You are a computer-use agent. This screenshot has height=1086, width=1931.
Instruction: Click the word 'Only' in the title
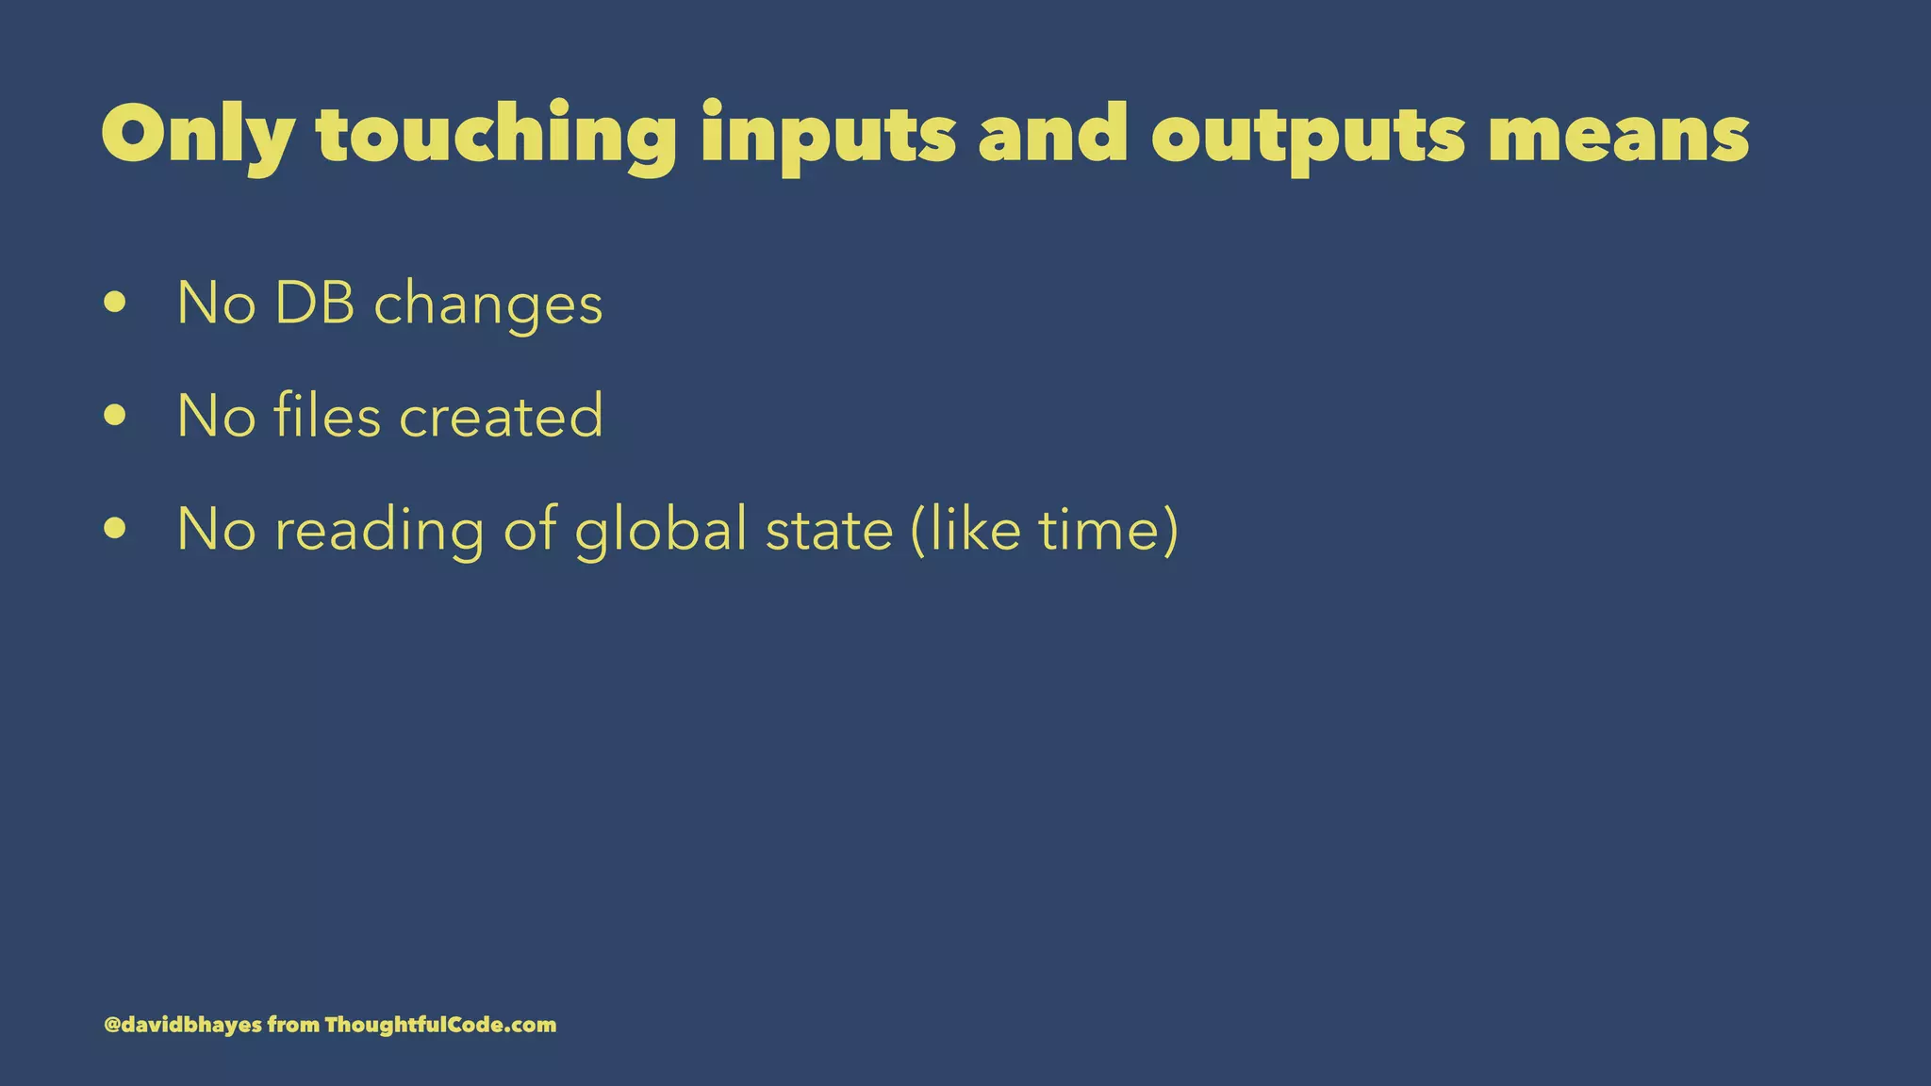(x=197, y=138)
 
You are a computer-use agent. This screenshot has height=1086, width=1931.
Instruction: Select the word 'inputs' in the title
(x=828, y=138)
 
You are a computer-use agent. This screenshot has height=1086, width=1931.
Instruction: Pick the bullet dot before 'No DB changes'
(x=115, y=303)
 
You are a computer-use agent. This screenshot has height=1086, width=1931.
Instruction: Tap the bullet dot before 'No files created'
(x=115, y=416)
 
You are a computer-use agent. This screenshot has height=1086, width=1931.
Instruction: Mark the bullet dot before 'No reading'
(x=115, y=529)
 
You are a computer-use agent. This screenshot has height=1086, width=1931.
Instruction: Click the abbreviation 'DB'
(x=315, y=304)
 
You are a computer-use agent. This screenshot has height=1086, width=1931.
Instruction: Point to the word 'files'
(x=327, y=416)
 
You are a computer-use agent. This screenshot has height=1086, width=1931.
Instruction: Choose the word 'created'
(x=502, y=416)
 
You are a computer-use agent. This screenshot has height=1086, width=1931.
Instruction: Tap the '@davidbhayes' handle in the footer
(x=183, y=1025)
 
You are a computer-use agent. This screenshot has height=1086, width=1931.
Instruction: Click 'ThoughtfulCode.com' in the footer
(x=440, y=1025)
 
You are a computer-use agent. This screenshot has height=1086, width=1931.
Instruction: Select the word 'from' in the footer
(x=293, y=1025)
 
